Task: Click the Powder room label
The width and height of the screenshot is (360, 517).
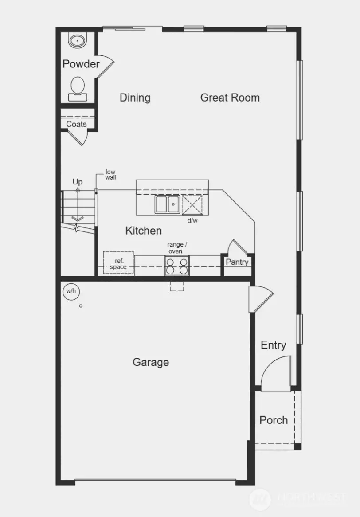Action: (x=81, y=64)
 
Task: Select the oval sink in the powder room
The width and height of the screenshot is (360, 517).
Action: (x=78, y=40)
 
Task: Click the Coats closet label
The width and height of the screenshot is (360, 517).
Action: (x=76, y=124)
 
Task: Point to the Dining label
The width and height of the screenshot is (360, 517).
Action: (x=135, y=98)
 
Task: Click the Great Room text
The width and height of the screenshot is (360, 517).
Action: (x=230, y=98)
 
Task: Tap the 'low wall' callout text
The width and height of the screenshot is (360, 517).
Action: (x=110, y=174)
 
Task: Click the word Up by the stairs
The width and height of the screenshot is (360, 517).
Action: (x=78, y=182)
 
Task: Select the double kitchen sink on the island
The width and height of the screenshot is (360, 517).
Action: (x=167, y=204)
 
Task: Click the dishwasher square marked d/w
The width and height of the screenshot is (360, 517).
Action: (x=192, y=205)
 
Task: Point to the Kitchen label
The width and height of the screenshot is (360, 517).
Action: (x=143, y=231)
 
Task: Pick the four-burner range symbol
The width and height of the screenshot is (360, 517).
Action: (x=177, y=266)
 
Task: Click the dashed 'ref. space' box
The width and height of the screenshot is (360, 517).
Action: (x=118, y=262)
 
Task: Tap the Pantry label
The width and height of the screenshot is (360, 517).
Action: (x=237, y=262)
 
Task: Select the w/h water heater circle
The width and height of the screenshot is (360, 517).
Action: (x=70, y=291)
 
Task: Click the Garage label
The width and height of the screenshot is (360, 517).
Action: (x=151, y=362)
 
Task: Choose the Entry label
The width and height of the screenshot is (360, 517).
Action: (x=273, y=345)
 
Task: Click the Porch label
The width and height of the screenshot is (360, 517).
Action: (x=274, y=420)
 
